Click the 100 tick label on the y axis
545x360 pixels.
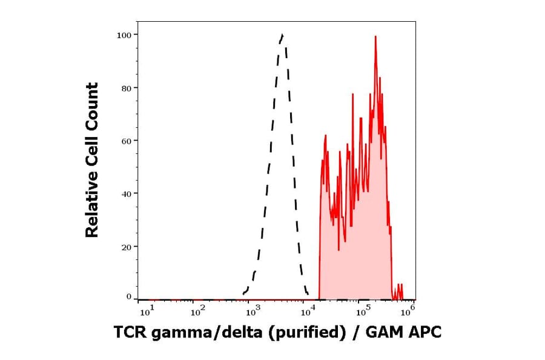124,35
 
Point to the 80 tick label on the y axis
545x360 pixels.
126,88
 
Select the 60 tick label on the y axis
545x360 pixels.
126,141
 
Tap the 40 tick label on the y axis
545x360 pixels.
126,194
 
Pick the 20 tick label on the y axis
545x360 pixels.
126,247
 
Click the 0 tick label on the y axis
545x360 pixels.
128,297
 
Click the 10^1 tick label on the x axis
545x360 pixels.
146,312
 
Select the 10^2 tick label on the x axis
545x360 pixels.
197,312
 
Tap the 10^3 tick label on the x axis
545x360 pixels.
253,312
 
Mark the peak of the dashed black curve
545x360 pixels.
282,35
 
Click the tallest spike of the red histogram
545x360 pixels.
375,37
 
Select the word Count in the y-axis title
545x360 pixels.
91,102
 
